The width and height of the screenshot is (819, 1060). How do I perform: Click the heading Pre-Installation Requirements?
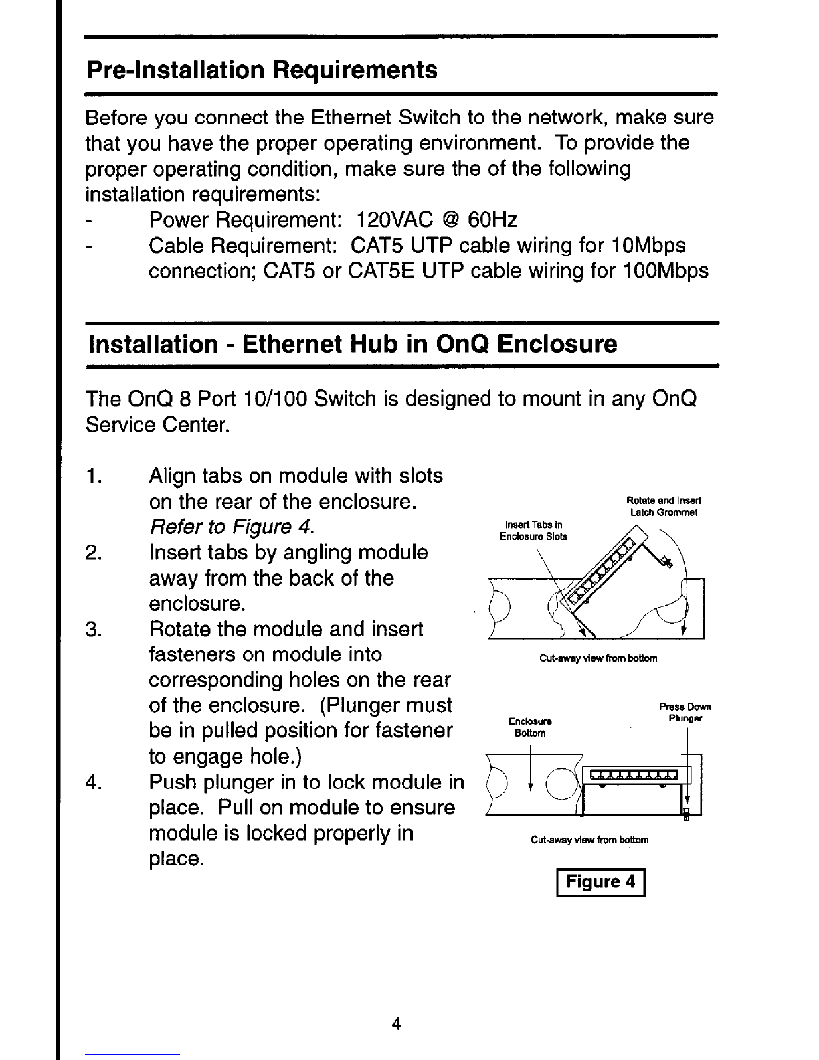262,70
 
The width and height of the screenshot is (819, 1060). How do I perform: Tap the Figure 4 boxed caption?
600,882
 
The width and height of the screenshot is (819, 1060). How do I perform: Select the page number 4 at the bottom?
397,1023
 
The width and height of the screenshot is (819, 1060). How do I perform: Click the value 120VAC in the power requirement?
395,220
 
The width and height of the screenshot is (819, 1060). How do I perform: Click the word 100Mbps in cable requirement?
666,271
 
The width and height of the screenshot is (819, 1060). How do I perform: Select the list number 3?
93,629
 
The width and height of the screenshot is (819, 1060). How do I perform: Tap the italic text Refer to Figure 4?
232,527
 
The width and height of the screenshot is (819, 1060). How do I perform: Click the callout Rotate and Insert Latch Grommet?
663,507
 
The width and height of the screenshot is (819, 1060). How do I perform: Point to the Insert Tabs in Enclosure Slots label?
534,531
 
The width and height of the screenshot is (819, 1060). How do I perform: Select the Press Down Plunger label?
685,712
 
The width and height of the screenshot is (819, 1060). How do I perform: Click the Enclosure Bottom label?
530,727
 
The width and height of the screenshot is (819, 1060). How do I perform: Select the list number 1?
94,476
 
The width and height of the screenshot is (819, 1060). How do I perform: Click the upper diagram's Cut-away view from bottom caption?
598,658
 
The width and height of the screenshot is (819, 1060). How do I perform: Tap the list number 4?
93,782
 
